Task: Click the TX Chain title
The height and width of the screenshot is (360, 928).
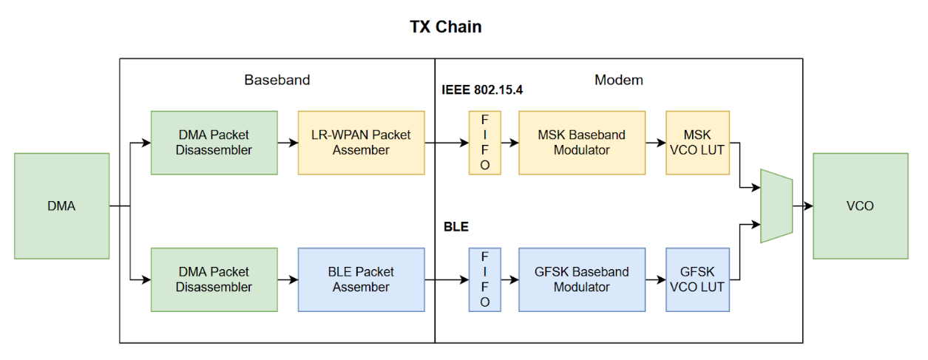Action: point(446,27)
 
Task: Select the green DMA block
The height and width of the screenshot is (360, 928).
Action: point(61,206)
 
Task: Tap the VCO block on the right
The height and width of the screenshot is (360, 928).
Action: point(860,206)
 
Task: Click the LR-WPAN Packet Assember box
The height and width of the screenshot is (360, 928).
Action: point(361,143)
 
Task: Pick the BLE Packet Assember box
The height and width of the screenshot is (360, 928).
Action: point(361,279)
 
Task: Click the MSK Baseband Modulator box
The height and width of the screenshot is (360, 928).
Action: point(581,143)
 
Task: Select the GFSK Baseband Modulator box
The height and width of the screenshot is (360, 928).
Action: point(581,279)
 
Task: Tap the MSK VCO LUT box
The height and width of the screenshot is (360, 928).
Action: point(697,143)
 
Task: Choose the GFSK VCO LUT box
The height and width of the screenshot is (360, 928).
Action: point(697,279)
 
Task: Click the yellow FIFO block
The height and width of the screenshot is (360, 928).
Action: point(484,143)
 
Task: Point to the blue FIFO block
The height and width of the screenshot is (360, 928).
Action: point(484,279)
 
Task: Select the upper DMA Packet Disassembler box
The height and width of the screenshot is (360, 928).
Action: point(214,143)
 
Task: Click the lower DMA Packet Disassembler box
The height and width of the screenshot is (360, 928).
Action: point(214,279)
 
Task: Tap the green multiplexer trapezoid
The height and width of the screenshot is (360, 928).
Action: point(776,206)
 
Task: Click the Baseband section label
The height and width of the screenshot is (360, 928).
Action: point(277,80)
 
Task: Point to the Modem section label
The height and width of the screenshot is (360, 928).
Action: point(618,80)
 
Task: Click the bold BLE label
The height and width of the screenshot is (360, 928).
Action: point(455,227)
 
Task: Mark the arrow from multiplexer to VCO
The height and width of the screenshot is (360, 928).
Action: point(802,206)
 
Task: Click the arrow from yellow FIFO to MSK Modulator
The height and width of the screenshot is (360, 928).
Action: point(509,143)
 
